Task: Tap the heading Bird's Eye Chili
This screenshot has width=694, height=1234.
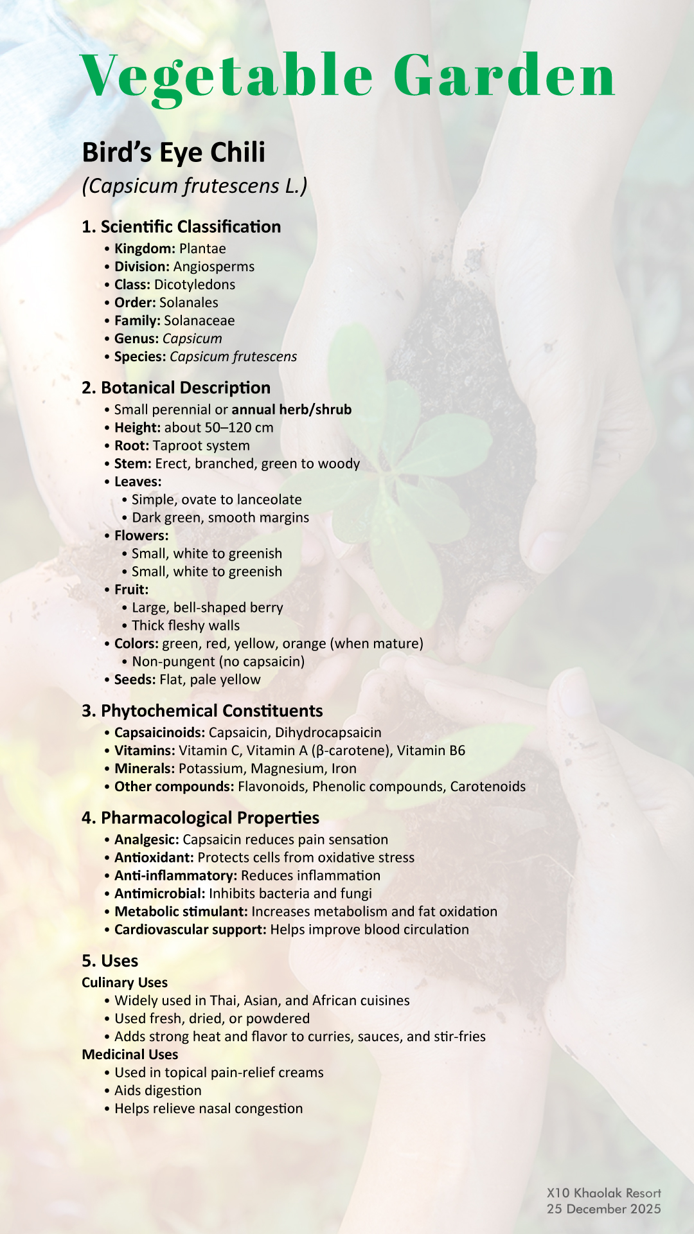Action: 173,153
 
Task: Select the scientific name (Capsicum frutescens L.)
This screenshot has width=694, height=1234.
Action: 195,186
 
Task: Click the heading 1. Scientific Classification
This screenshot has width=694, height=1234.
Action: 181,227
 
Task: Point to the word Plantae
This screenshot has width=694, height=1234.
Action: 202,249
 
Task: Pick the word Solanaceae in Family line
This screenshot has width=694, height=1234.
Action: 199,321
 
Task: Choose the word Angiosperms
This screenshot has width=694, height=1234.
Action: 214,267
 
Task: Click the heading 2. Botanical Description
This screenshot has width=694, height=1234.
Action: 176,388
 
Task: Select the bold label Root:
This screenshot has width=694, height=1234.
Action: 132,446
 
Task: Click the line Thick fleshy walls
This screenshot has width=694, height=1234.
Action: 186,626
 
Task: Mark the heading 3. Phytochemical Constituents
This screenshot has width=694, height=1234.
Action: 202,711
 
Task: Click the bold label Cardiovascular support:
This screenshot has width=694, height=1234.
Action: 190,930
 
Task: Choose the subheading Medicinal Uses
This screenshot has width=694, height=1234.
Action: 130,1055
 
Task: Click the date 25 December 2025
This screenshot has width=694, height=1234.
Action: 603,1209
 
